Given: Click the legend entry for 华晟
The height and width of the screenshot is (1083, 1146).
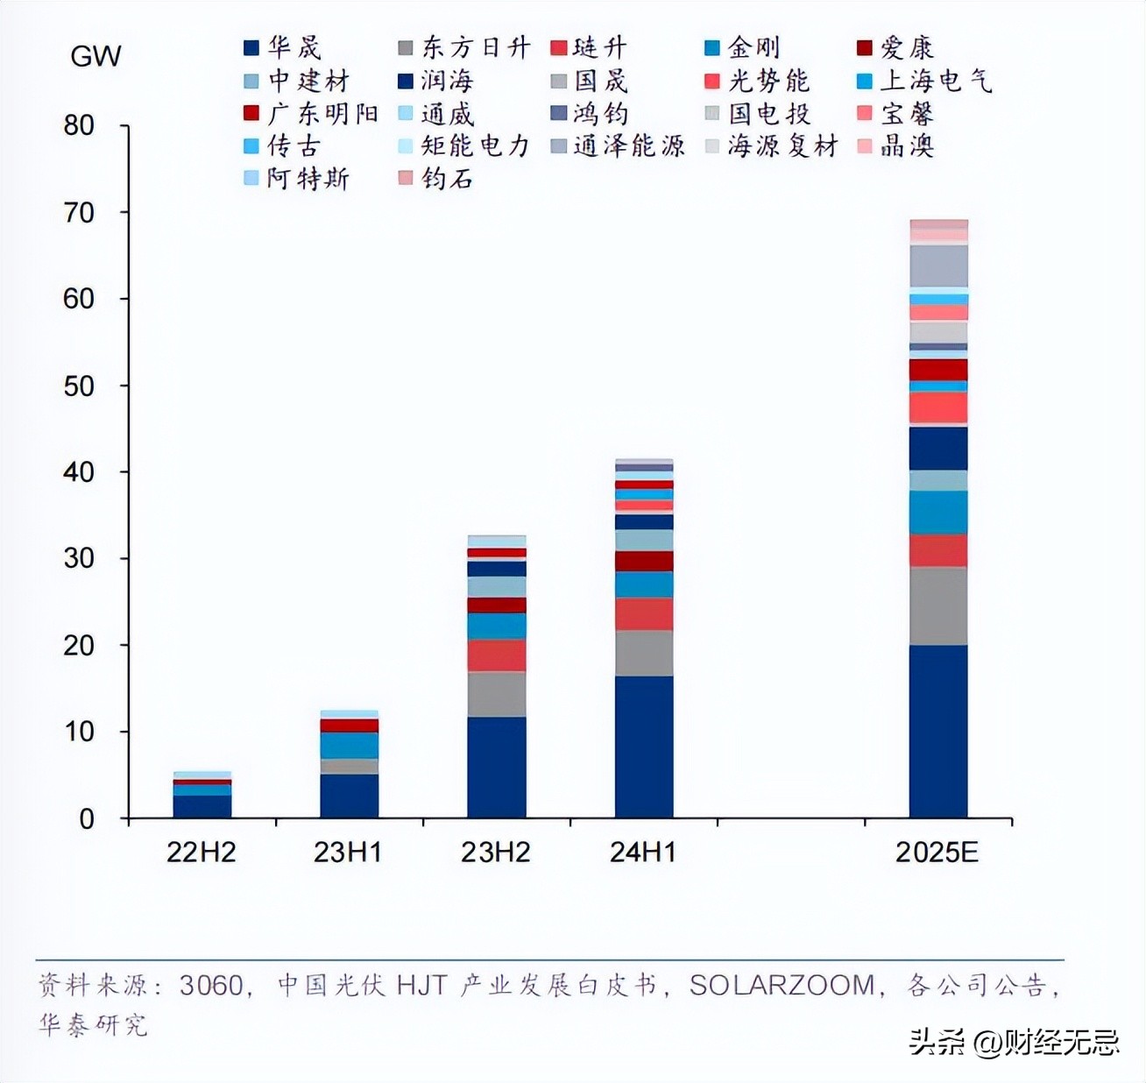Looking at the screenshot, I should (x=283, y=48).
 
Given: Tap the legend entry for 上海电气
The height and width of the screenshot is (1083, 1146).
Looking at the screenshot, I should (x=925, y=81).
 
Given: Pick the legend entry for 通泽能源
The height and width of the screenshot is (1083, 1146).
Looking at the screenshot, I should (x=618, y=146).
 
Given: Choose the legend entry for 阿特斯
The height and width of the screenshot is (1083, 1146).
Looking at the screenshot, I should (x=297, y=179).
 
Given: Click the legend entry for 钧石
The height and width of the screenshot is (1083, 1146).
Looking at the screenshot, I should (x=436, y=179).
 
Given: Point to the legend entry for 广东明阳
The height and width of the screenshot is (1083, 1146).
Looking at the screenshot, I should (x=311, y=114).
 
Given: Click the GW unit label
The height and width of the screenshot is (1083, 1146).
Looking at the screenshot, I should (x=95, y=57).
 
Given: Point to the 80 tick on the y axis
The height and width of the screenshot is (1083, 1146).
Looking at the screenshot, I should (x=79, y=125).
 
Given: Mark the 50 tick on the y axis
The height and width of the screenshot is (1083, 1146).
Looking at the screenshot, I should (x=79, y=386).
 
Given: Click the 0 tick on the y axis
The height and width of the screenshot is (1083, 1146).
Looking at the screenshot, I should (x=86, y=818).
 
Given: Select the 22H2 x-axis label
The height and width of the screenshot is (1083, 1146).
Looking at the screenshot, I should (x=202, y=853).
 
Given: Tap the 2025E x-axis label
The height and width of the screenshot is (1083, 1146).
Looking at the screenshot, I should (x=937, y=853).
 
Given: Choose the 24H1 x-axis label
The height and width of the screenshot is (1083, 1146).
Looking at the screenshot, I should (x=643, y=853).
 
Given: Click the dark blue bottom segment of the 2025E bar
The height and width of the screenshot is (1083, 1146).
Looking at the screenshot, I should (x=938, y=732).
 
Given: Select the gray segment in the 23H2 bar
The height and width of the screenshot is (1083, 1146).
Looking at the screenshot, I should (x=497, y=694).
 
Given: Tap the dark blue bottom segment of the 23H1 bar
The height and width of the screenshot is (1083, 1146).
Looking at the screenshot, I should (x=349, y=796).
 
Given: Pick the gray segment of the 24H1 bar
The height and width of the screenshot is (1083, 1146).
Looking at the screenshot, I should (x=644, y=653).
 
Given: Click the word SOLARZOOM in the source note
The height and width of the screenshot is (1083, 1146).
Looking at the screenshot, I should (x=782, y=986).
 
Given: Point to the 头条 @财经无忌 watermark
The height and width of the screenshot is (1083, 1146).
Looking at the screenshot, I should (x=1015, y=1042).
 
